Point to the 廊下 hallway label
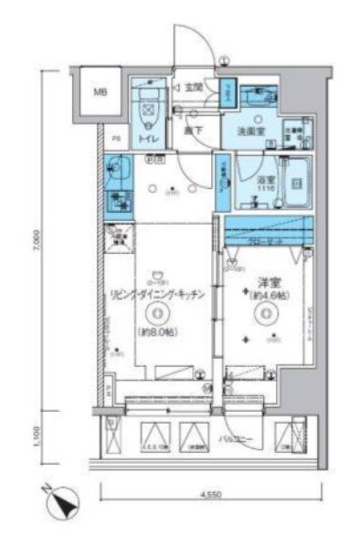point(193,131)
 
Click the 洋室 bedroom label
point(265,281)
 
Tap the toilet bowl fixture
point(146,112)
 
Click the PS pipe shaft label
point(115,138)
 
